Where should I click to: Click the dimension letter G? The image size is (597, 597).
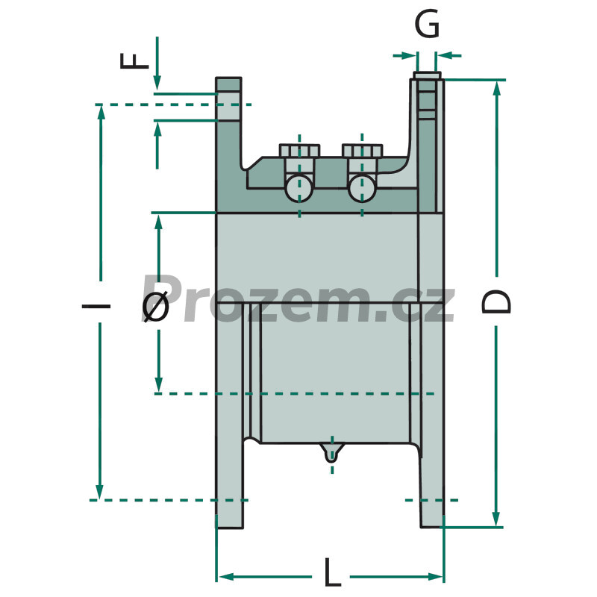pos(427,25)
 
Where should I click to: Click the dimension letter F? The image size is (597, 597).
pos(134,61)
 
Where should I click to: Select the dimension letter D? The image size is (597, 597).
pos(496,301)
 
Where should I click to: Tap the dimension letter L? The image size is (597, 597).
pos(332,572)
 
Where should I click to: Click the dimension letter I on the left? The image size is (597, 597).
pos(96,306)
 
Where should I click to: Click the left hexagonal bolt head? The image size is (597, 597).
pos(299,150)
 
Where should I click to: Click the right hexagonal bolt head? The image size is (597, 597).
pos(362,150)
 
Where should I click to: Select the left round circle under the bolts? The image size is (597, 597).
pos(299,188)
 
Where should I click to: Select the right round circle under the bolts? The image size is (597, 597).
pos(362,188)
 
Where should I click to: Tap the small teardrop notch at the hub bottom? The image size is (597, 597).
pos(332,452)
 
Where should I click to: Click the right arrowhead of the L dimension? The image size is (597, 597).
pos(436,577)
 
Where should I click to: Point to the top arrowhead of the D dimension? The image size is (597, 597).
pos(496,88)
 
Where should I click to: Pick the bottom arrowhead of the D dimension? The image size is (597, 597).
pos(496,519)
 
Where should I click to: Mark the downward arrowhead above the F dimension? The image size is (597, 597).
pos(157,83)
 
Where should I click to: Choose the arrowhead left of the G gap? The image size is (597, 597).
pos(409,56)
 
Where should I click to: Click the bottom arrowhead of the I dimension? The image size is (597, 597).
pos(99,492)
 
